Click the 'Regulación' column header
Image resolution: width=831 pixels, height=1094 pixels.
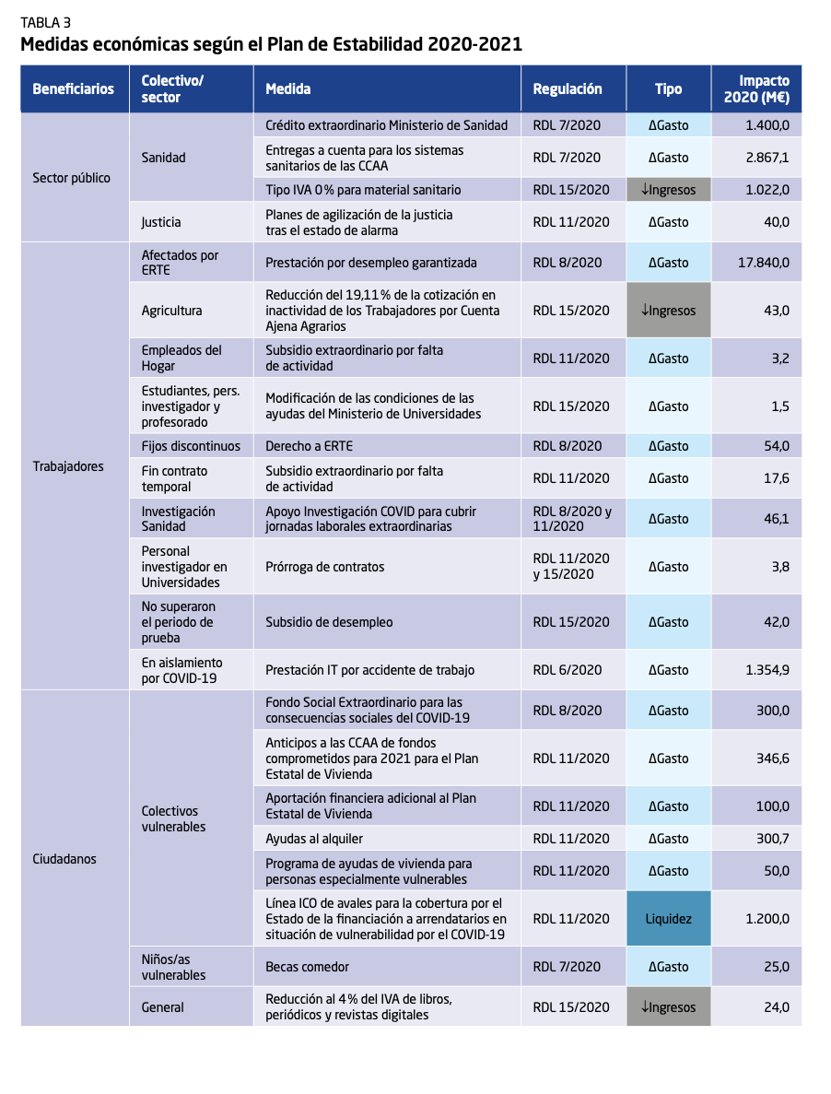click(568, 89)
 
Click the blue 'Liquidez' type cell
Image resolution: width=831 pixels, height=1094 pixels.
click(669, 919)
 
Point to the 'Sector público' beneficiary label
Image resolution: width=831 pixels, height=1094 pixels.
click(71, 178)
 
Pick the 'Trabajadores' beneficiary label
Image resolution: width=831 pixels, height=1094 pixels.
click(68, 466)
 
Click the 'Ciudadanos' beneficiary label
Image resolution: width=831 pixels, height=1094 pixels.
click(64, 859)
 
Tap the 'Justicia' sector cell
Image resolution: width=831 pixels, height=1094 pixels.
click(161, 222)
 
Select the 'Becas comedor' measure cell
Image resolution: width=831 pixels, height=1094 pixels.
click(307, 967)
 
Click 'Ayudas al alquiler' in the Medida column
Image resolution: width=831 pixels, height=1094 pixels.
click(314, 839)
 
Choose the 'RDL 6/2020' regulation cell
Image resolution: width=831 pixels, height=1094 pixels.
click(568, 670)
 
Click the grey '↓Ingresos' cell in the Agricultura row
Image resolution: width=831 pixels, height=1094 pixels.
click(669, 311)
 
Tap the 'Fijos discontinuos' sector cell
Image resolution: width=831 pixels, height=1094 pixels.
click(191, 446)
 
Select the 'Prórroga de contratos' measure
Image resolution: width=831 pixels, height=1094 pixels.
click(325, 567)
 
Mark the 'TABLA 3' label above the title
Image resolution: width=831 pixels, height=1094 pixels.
click(46, 23)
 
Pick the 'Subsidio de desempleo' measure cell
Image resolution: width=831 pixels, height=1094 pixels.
click(329, 622)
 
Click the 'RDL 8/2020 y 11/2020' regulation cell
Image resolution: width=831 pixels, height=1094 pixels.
click(572, 519)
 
